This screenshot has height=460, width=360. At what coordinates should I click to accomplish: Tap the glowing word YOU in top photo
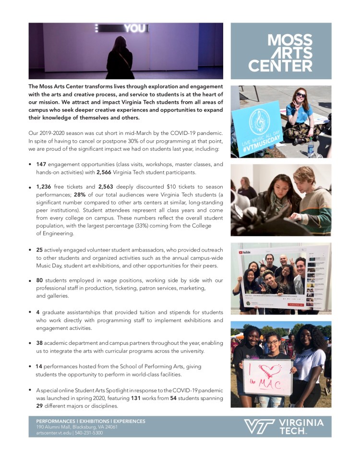[135, 29]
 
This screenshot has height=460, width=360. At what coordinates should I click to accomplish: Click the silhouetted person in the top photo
[120, 58]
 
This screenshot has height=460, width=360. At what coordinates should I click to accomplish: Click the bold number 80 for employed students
[40, 280]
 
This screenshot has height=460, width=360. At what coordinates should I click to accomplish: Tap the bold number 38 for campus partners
[40, 343]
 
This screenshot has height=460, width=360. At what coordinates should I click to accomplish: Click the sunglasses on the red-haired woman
[301, 96]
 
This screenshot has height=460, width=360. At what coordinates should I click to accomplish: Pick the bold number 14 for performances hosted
[39, 366]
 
